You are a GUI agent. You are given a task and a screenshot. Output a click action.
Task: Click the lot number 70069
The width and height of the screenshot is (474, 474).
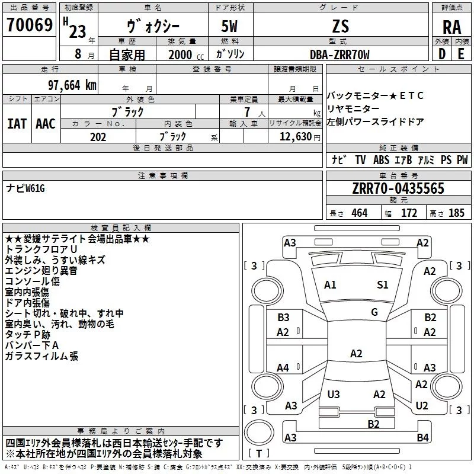click(x=29, y=25)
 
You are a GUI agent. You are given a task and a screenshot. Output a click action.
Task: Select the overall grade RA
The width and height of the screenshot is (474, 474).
click(x=451, y=27)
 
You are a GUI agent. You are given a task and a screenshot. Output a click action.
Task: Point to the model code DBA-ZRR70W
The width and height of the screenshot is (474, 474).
click(x=340, y=55)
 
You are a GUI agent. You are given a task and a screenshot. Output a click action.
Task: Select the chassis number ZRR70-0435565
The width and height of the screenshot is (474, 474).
click(x=398, y=189)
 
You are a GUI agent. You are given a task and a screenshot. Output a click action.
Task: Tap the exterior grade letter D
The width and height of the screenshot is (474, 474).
click(x=441, y=55)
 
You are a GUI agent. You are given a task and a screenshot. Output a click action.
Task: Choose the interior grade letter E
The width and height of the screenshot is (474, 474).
click(x=461, y=55)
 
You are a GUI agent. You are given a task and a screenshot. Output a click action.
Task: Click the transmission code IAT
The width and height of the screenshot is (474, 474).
click(x=17, y=124)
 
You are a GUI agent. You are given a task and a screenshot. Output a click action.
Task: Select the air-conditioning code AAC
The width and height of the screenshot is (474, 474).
click(x=45, y=124)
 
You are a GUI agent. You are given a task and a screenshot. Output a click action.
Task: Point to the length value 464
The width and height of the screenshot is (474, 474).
click(x=359, y=213)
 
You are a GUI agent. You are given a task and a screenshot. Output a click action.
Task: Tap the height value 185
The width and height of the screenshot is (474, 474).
click(x=456, y=213)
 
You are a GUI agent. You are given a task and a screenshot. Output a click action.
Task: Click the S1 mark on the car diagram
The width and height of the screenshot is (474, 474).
click(x=383, y=285)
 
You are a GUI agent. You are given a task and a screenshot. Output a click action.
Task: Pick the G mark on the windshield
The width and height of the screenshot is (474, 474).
click(x=374, y=312)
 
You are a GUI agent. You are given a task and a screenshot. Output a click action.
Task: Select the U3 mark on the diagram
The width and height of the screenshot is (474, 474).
click(x=334, y=395)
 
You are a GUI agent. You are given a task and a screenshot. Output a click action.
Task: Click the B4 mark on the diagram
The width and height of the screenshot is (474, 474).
click(x=422, y=438)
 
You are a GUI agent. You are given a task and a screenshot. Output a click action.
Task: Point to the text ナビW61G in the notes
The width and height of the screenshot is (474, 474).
click(x=25, y=188)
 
